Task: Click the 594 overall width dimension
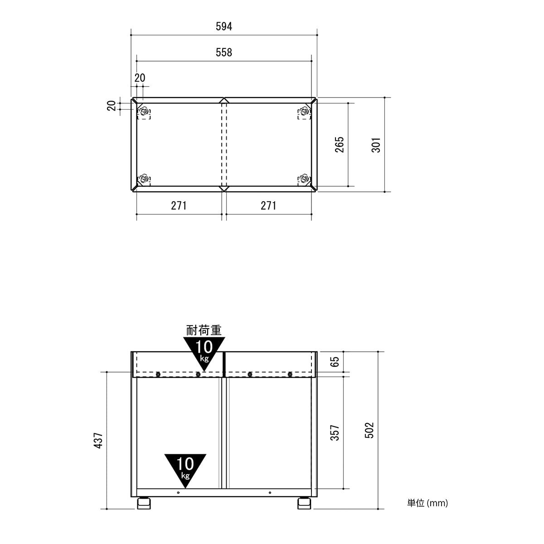[x=224, y=27]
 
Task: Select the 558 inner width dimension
[x=224, y=53]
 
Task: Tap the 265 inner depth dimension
[x=340, y=145]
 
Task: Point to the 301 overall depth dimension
[x=376, y=145]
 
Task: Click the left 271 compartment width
[x=179, y=206]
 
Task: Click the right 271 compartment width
[x=268, y=206]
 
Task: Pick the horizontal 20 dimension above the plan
[x=140, y=78]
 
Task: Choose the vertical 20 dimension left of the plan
[x=112, y=106]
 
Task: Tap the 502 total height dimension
[x=369, y=430]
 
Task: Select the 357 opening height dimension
[x=335, y=432]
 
